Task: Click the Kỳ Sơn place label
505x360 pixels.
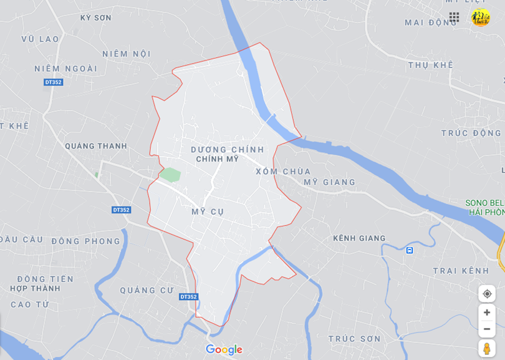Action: point(95,18)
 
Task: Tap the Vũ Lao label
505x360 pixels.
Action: point(40,39)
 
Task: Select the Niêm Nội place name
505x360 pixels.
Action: point(127,54)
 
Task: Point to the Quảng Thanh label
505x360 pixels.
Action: point(95,146)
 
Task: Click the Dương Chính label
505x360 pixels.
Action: point(228,150)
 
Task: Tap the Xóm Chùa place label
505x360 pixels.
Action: point(283,171)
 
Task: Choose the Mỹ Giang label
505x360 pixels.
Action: point(329,182)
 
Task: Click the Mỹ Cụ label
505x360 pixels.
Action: point(208,212)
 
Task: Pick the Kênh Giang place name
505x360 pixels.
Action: point(359,238)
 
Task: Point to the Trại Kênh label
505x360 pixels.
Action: point(461,271)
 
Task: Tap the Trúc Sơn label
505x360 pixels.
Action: point(354,339)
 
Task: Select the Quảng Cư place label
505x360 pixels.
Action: point(147,290)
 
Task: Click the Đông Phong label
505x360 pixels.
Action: point(86,241)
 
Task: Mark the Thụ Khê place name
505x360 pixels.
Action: point(430,65)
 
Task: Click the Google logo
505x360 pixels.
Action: point(224,350)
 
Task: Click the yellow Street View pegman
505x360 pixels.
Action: point(487,349)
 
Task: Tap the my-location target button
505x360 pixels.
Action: point(487,294)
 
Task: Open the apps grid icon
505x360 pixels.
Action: point(454,17)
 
